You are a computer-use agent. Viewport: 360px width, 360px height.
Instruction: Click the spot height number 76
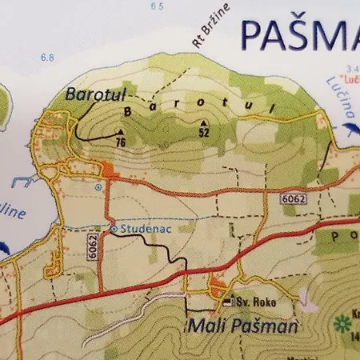[x=120, y=142]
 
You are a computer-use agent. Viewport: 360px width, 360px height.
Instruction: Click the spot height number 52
[x=205, y=133]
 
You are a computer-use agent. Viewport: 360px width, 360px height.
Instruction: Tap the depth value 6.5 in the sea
[x=156, y=6]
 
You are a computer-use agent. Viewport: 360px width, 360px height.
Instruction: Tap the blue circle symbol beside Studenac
[x=114, y=229]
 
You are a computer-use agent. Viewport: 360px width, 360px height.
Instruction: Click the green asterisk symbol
[x=344, y=322]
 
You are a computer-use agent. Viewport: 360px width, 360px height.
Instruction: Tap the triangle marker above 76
[x=122, y=132]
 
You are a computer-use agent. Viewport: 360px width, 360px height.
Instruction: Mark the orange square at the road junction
[x=108, y=169]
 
